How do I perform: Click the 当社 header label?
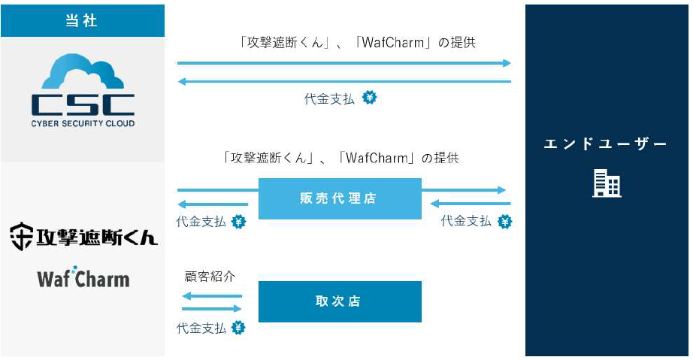(82, 20)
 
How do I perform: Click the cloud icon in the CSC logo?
(83, 74)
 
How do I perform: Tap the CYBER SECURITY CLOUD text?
(83, 123)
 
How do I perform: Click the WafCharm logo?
(83, 279)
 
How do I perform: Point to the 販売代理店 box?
(340, 198)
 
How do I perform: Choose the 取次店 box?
(340, 301)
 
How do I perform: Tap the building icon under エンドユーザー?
(607, 183)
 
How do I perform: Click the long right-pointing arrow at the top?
(344, 63)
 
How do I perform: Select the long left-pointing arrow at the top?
(344, 81)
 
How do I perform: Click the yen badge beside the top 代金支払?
(369, 98)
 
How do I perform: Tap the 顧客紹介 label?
(210, 276)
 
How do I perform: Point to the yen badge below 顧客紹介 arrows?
(238, 328)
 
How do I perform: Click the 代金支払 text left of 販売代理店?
(201, 222)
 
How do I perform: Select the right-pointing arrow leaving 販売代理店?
(464, 190)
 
